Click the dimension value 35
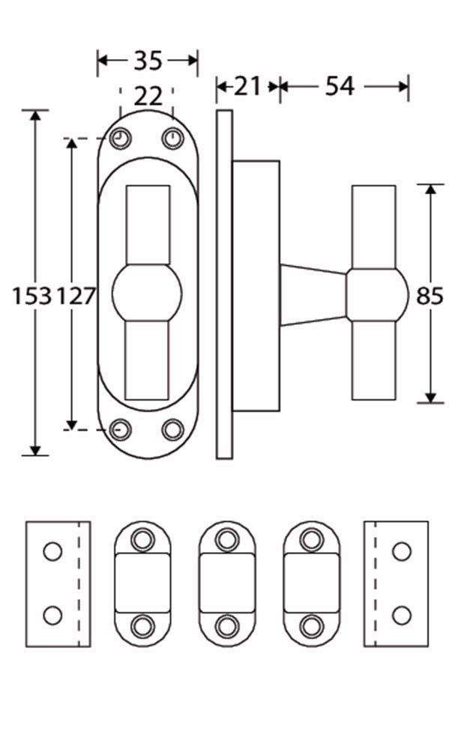(148, 61)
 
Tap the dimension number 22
(148, 97)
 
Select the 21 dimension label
(247, 86)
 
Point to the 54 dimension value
(340, 86)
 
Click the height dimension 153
(31, 296)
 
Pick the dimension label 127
(76, 296)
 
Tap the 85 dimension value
(430, 296)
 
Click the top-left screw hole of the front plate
(121, 139)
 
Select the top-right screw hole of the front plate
(172, 139)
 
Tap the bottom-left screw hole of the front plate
(121, 429)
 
